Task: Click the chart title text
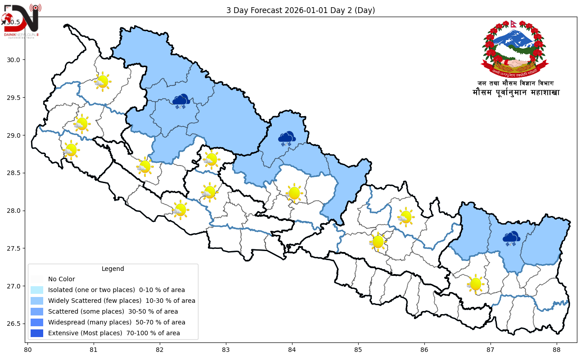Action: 301,10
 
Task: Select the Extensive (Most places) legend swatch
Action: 37,333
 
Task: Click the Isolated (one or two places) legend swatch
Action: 37,290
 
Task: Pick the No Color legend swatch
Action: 37,279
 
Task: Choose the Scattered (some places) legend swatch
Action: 37,311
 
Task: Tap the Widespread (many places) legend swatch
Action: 37,322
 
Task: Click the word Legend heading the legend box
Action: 112,269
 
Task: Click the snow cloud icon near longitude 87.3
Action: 511,238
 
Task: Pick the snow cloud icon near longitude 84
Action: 287,139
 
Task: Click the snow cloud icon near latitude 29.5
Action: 181,101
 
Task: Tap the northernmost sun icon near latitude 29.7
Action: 103,81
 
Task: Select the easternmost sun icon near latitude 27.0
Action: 475,284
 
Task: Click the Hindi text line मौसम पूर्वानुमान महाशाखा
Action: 516,93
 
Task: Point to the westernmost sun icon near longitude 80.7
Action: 71,150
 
